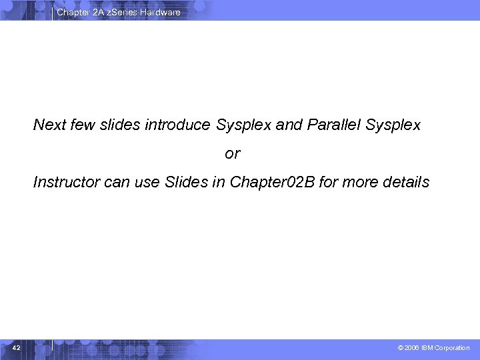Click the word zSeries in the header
(x=121, y=12)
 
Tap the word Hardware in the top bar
(x=160, y=12)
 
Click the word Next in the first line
(x=49, y=125)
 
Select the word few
(x=83, y=125)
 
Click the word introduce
(x=178, y=125)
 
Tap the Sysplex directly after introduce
(x=243, y=125)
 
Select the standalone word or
(x=232, y=154)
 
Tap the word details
(x=406, y=182)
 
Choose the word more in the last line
(x=361, y=182)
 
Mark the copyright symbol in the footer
(x=400, y=348)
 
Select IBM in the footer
(x=428, y=348)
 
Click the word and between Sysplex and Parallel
(x=289, y=125)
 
